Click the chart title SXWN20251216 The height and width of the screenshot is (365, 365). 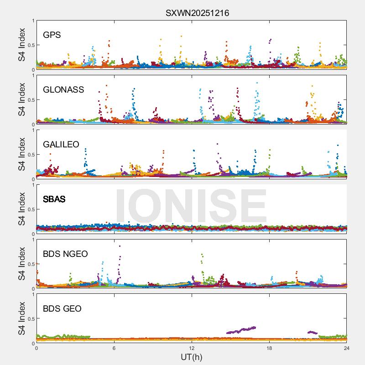click(197, 13)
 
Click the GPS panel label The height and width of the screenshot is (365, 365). click(52, 35)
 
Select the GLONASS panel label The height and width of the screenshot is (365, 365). click(63, 90)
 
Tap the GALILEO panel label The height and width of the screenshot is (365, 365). click(61, 145)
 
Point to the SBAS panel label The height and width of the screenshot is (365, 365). click(54, 199)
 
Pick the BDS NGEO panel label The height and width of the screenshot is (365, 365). click(65, 254)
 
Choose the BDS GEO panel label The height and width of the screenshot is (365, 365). click(62, 309)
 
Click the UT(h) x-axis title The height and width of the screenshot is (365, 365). click(192, 357)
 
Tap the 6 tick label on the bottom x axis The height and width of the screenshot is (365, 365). click(114, 348)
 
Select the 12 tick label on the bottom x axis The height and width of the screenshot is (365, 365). click(192, 348)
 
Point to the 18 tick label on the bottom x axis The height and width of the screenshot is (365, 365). click(269, 348)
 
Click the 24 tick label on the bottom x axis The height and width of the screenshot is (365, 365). click(347, 348)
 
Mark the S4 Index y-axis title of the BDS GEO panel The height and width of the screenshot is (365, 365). click(22, 318)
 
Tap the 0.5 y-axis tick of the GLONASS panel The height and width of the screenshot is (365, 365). click(30, 100)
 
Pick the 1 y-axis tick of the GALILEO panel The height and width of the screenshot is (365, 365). click(32, 130)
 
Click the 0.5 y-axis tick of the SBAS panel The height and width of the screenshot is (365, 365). click(30, 209)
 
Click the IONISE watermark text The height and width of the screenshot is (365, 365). click(191, 205)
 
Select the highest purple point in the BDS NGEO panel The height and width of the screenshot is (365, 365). click(120, 246)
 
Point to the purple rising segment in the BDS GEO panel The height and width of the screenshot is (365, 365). click(242, 329)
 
